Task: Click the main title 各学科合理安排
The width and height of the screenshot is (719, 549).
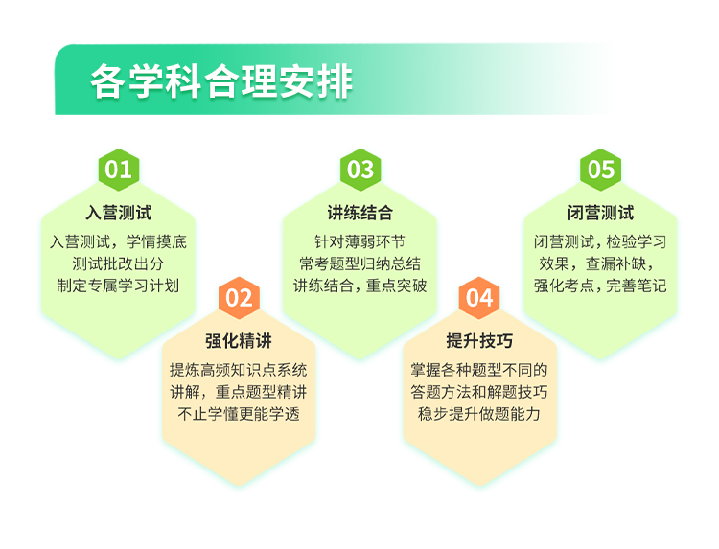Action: coord(221,81)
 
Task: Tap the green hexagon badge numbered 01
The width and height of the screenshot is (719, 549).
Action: coord(119,170)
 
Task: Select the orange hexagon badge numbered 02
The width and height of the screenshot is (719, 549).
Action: coord(239,298)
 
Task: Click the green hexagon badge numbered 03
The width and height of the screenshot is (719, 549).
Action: coord(360,170)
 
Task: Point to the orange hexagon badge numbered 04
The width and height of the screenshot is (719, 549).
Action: coord(479,298)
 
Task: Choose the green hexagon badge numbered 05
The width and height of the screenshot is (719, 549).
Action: coord(601,170)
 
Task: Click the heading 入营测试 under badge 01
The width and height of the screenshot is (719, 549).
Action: coord(119,213)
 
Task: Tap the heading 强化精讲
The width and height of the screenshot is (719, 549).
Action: coord(239,341)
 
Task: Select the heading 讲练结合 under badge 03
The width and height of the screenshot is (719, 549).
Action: coord(360,213)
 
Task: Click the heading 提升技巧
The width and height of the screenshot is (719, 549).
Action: coord(479,341)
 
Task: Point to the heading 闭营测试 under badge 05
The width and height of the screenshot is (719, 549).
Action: coord(601,213)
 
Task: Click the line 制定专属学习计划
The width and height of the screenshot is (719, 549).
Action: coord(118,286)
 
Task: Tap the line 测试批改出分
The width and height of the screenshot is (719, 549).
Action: coord(118,263)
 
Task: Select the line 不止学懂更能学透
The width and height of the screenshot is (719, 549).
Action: coord(239,414)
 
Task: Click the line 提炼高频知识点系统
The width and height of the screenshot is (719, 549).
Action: coord(239,370)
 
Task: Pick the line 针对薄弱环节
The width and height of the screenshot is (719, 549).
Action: coord(359,241)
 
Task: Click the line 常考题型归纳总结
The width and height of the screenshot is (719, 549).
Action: coord(359,263)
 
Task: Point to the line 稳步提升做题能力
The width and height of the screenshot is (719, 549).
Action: coord(479,414)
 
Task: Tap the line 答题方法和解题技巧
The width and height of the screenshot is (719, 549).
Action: coord(479,392)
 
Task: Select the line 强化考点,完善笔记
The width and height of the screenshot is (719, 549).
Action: coord(600,286)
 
